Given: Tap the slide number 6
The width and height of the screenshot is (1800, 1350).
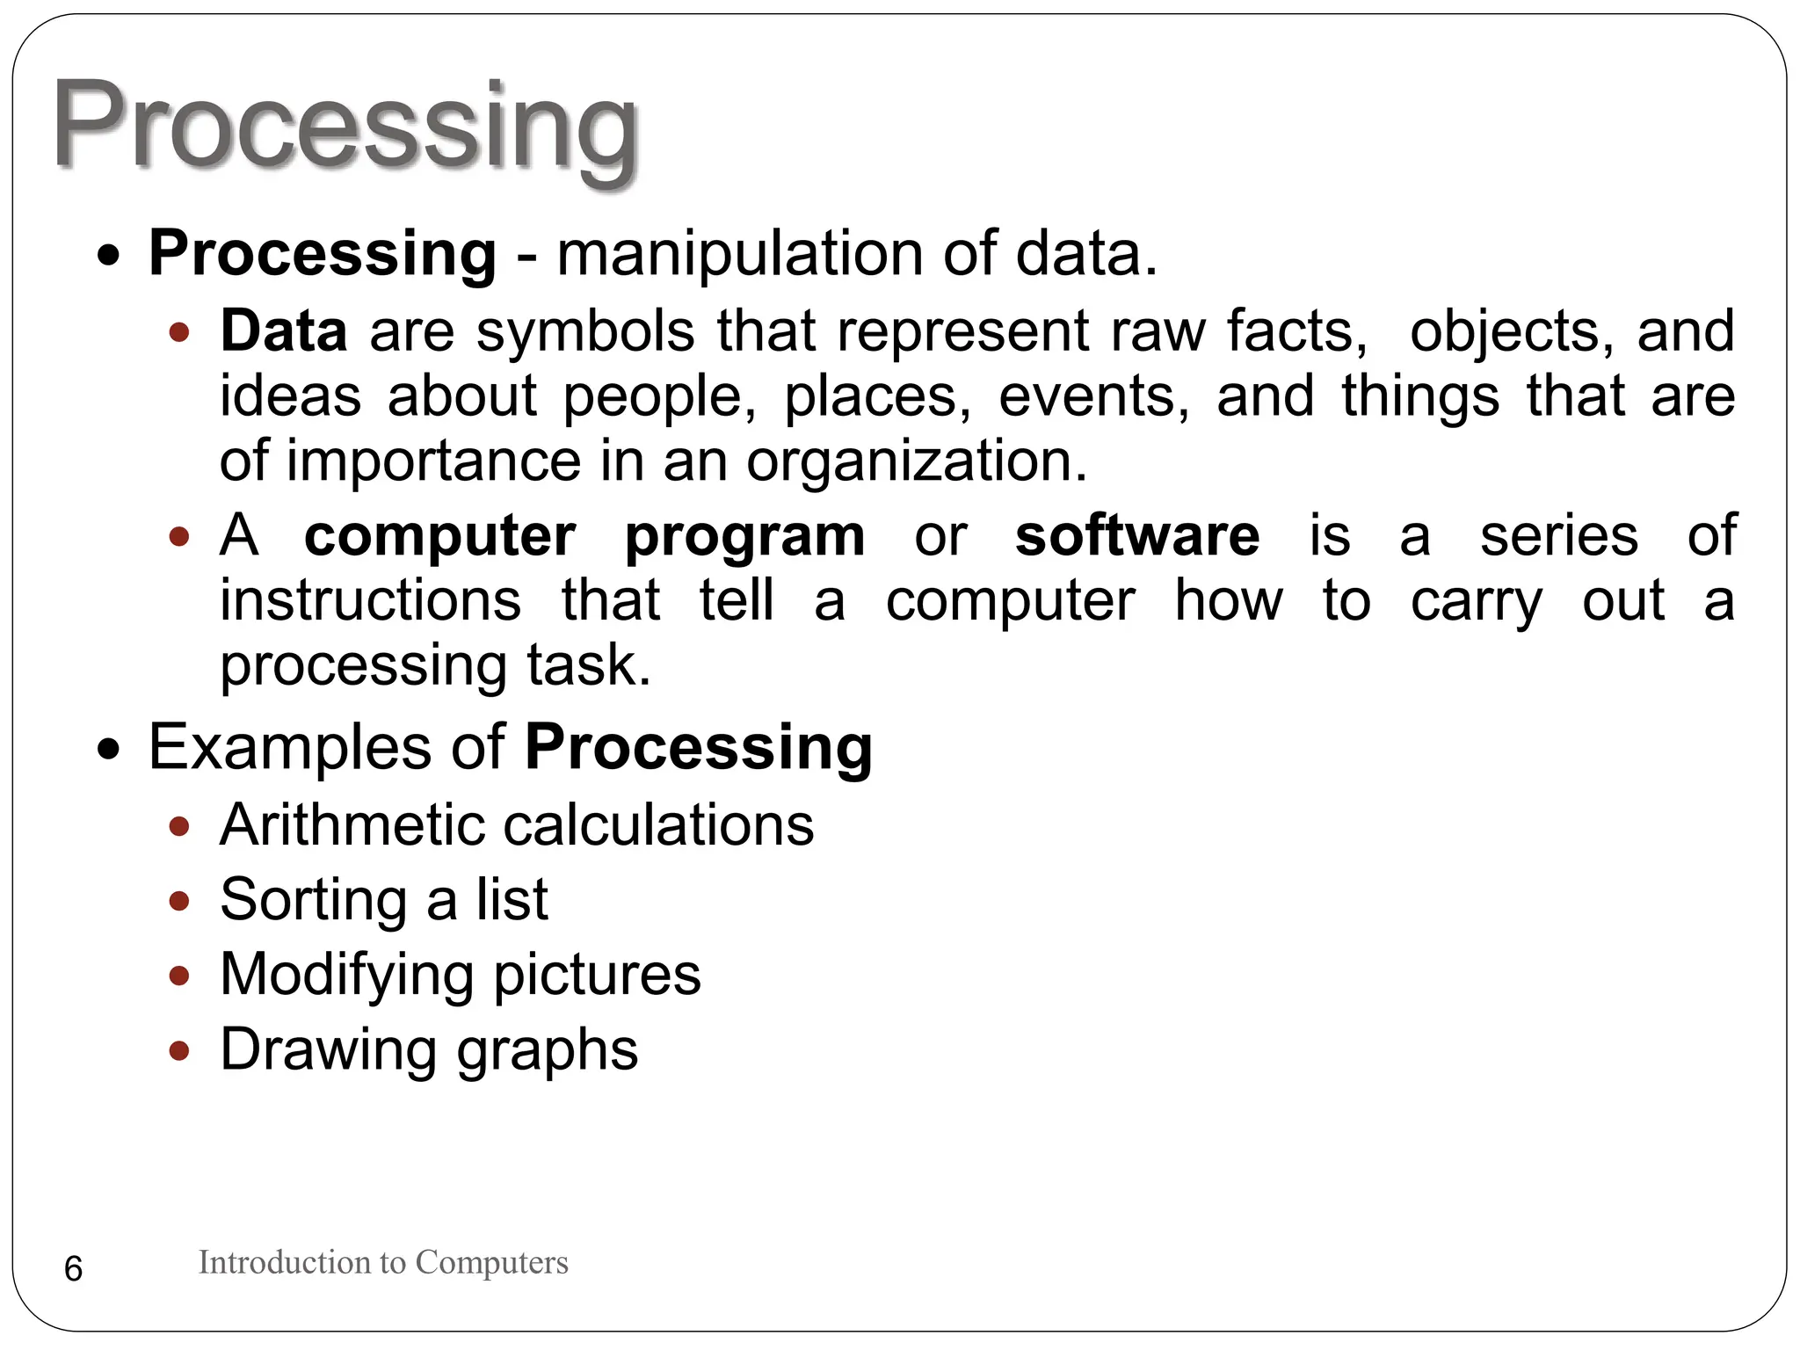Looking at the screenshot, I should click(74, 1269).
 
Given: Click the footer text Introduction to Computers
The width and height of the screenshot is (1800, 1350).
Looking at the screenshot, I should click(383, 1262).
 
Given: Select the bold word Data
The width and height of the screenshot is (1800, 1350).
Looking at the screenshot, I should click(283, 331).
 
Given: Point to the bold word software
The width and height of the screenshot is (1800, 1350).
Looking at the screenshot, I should click(1137, 535).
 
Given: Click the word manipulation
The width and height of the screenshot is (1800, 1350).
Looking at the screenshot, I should click(739, 254).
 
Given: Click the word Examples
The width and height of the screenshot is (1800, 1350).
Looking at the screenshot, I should click(290, 748).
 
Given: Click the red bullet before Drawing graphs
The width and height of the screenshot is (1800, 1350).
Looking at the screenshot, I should click(179, 1050).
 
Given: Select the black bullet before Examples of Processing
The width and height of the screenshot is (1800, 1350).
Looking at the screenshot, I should click(109, 750).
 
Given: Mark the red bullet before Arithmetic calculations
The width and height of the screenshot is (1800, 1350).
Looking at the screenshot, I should click(179, 825).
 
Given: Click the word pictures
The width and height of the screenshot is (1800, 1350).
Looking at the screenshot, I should click(597, 976).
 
